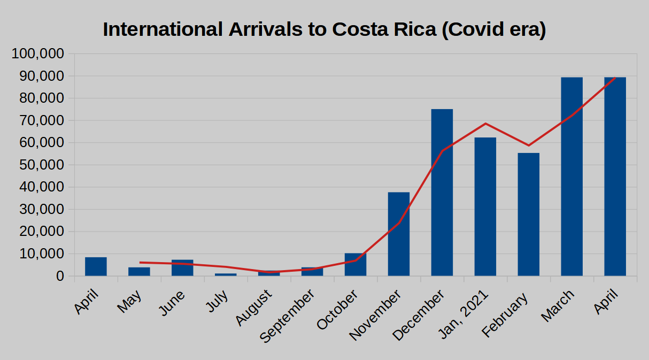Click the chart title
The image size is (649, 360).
pyautogui.click(x=324, y=29)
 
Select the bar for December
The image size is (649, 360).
pyautogui.click(x=442, y=193)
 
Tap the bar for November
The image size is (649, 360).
pyautogui.click(x=399, y=234)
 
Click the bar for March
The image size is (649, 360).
pyautogui.click(x=571, y=177)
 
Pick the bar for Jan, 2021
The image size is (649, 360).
pyautogui.click(x=485, y=206)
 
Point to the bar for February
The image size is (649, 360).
pyautogui.click(x=529, y=214)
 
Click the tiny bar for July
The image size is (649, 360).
pyautogui.click(x=226, y=274)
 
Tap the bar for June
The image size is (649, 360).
pyautogui.click(x=182, y=268)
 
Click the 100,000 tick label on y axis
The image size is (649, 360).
pyautogui.click(x=38, y=54)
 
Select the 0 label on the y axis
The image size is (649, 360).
pyautogui.click(x=59, y=277)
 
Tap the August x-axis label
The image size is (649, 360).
pyautogui.click(x=254, y=308)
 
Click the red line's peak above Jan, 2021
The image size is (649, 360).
pyautogui.click(x=485, y=124)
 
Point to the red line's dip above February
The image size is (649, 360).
pyautogui.click(x=529, y=145)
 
